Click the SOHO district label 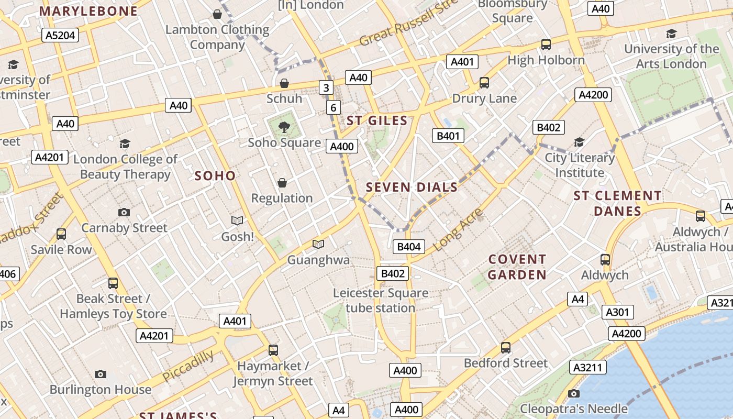click(215, 175)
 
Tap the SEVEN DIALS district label click(412, 187)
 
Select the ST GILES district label click(377, 120)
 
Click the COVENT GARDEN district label click(517, 267)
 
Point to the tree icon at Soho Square click(284, 127)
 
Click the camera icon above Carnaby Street click(124, 212)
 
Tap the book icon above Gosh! click(237, 221)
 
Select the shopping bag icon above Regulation click(282, 183)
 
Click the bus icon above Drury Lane click(484, 83)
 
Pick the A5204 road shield click(60, 35)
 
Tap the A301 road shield click(617, 312)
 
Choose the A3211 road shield click(588, 367)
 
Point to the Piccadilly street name click(188, 366)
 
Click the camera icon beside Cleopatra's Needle click(574, 393)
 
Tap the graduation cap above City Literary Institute click(579, 142)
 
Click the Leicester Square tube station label click(381, 300)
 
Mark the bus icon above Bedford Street click(506, 347)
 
